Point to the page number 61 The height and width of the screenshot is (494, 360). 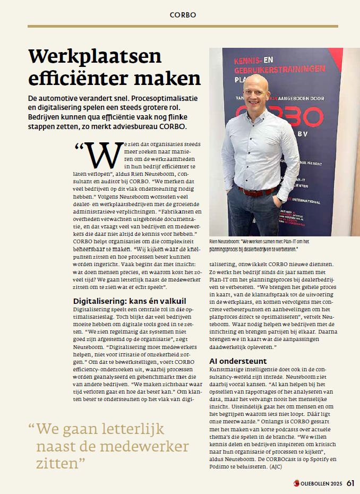pos(350,483)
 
